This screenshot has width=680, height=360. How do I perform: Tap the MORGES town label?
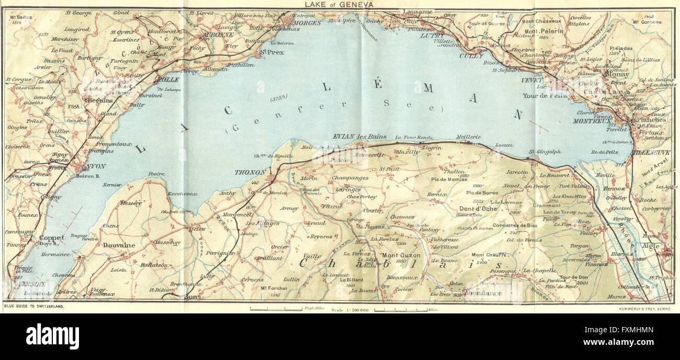click(x=308, y=23)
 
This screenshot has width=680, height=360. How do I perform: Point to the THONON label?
click(x=250, y=172)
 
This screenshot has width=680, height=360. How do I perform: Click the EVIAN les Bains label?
click(x=358, y=136)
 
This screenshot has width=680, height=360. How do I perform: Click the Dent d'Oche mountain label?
click(x=479, y=209)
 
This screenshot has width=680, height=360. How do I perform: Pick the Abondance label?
click(x=482, y=293)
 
